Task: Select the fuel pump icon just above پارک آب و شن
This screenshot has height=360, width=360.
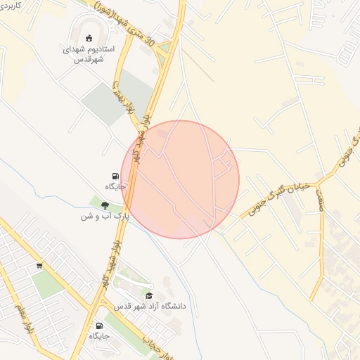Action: tap(115, 176)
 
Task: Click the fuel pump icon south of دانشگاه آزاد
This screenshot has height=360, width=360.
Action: tap(99, 326)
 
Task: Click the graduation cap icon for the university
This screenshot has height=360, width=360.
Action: tap(148, 296)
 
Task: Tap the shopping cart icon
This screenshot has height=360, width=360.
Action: tap(39, 266)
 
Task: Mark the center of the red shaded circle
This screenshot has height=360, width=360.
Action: tap(181, 179)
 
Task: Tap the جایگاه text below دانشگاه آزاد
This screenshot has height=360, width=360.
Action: tap(99, 336)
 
